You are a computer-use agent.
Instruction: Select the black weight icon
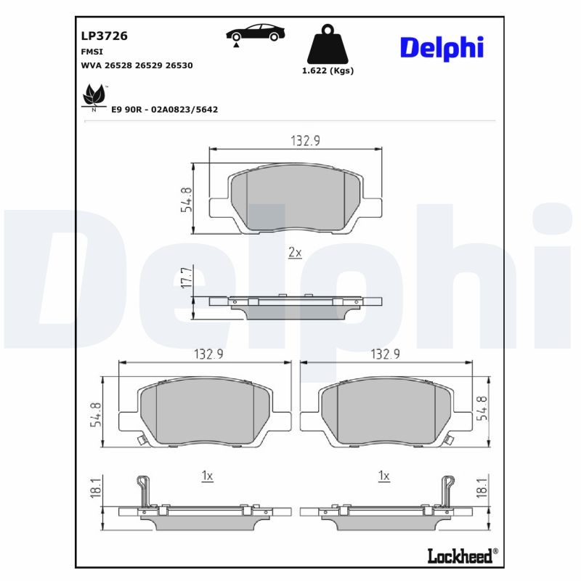[x=328, y=46]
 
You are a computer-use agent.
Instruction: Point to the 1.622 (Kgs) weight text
[x=328, y=71]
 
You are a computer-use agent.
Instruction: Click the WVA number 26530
[x=179, y=65]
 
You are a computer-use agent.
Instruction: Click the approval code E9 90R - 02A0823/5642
[x=164, y=109]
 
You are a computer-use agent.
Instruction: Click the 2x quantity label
[x=295, y=253]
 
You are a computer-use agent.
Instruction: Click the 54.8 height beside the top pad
[x=186, y=198]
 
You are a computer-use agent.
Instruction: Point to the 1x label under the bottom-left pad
[x=207, y=476]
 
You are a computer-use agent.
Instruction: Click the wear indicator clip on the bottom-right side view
[x=447, y=490]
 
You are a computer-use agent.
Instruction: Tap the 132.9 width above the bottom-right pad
[x=386, y=354]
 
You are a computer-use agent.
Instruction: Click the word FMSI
[x=91, y=52]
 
